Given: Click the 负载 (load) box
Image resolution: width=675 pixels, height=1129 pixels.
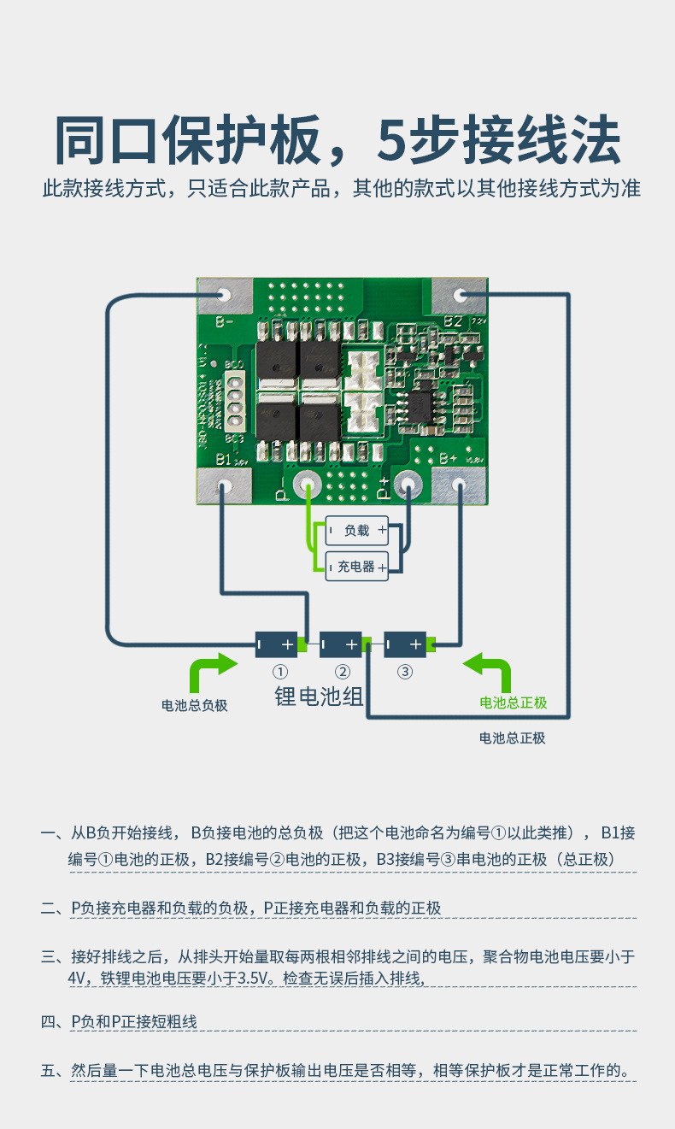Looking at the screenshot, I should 357,531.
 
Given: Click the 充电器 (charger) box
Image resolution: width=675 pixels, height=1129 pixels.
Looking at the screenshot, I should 357,566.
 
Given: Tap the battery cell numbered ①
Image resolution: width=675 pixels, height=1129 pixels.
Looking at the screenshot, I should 277,644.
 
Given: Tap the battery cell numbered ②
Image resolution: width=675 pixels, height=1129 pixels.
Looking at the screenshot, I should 341,644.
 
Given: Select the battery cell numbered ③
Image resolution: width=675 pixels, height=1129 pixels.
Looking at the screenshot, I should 405,644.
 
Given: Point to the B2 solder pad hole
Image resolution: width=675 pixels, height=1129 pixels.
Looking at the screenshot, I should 460,295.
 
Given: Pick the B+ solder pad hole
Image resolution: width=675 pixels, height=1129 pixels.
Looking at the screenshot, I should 459,485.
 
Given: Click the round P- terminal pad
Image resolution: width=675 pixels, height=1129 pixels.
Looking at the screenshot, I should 307,485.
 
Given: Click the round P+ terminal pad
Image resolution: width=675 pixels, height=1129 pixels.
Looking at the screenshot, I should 407,485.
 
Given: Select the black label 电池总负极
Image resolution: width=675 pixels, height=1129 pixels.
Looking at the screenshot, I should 195,705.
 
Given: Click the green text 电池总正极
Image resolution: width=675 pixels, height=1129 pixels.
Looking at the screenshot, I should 513,703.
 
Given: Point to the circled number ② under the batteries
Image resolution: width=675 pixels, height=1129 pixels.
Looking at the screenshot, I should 342,672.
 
